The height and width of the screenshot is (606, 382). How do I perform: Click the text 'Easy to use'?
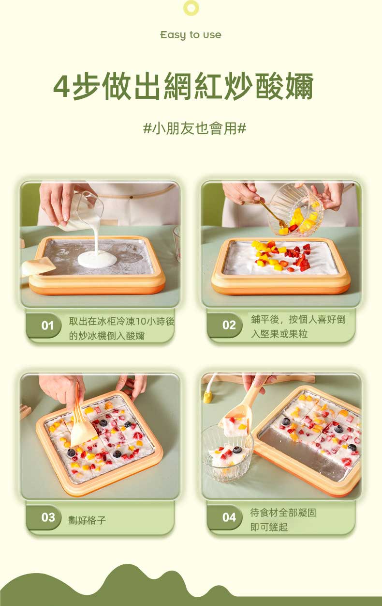pos(191,35)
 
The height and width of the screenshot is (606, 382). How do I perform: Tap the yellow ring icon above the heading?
pos(191,8)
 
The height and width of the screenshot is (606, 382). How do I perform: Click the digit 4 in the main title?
pos(61,86)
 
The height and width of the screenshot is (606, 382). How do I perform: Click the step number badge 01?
pos(47,326)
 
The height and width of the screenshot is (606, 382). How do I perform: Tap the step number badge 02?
pos(229,325)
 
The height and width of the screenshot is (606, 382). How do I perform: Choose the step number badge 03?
pos(48,517)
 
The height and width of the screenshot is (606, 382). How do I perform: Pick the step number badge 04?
pos(229,517)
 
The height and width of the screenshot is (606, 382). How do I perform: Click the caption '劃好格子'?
pos(87,520)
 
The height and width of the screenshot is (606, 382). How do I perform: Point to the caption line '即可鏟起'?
pos(269,527)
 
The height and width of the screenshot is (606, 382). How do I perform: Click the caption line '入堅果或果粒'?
pos(279,334)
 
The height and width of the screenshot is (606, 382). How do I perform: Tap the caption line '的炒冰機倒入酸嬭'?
pos(107,336)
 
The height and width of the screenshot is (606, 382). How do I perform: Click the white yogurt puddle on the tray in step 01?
pos(98,259)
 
